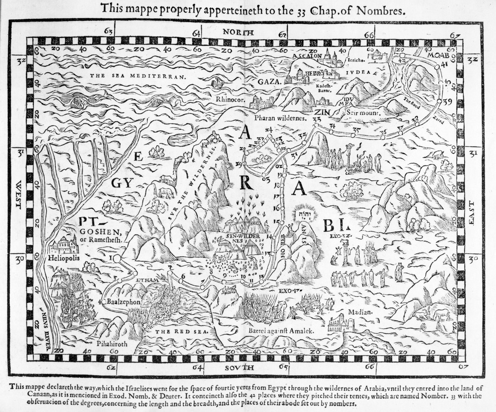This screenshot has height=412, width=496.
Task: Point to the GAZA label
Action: point(270,82)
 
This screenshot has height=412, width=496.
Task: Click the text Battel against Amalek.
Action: point(282,331)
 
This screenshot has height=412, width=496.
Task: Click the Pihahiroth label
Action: point(112,343)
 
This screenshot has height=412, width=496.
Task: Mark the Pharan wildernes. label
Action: point(280,117)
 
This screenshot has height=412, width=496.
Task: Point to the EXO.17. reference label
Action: point(290,291)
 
